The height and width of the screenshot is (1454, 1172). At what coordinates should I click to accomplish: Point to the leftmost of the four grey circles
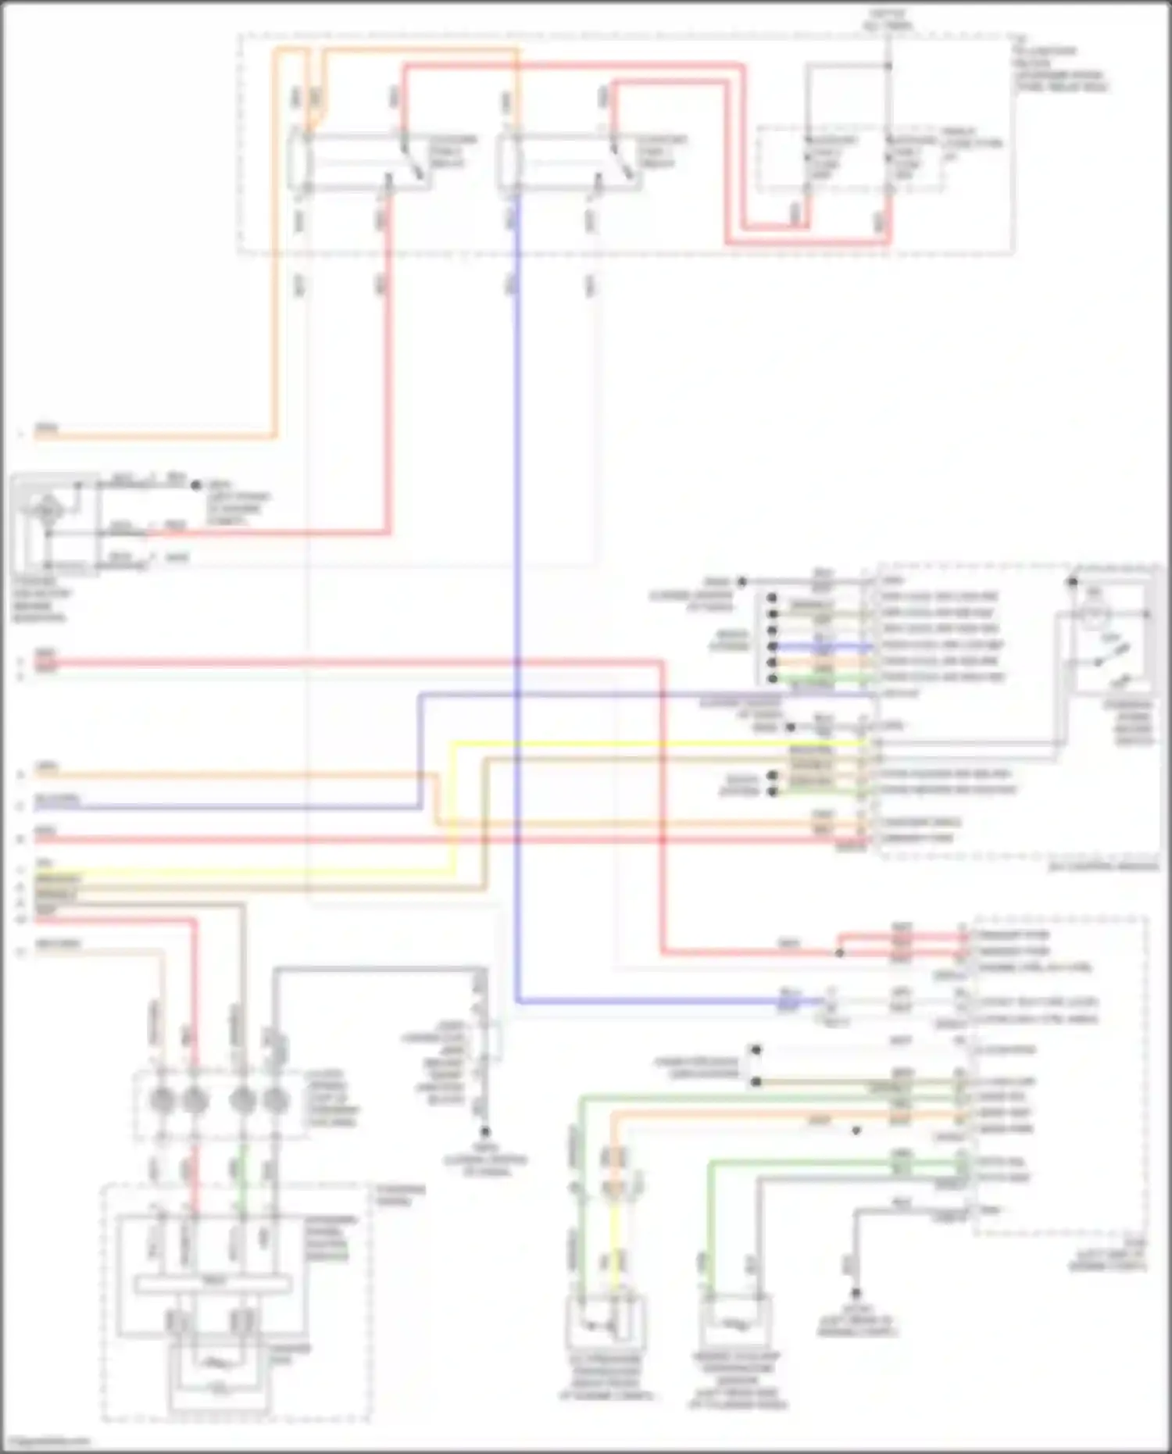(162, 1099)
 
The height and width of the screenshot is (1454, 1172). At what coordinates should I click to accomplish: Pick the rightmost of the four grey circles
(273, 1099)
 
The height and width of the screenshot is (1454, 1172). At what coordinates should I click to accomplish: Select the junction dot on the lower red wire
(839, 953)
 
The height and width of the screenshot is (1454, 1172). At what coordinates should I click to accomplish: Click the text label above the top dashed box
(887, 20)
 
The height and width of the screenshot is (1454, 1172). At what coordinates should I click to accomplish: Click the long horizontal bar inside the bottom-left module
(213, 1283)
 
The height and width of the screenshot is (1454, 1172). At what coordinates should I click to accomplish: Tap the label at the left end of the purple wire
(56, 800)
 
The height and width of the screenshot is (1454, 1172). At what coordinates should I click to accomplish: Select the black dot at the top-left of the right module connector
(742, 581)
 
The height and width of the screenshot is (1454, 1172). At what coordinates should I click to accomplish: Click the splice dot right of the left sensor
(196, 484)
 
